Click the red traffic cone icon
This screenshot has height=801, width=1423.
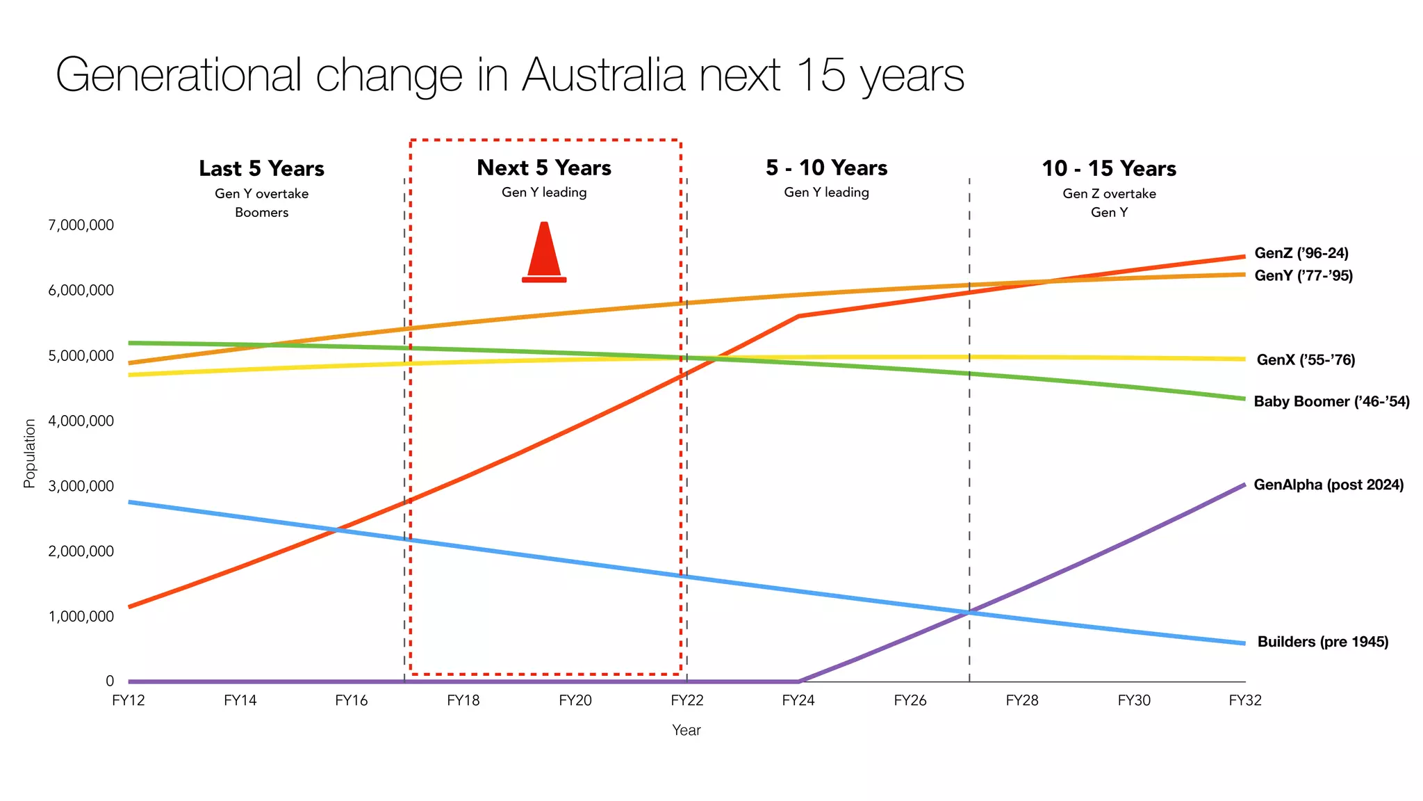click(x=544, y=252)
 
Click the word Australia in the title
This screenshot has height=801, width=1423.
click(x=604, y=74)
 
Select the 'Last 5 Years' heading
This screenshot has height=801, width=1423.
click(x=261, y=168)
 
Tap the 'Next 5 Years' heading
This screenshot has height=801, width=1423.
click(x=544, y=168)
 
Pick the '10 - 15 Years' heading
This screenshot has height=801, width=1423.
click(x=1109, y=168)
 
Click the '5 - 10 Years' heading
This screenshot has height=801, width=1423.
click(x=826, y=168)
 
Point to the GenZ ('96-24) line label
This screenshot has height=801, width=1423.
click(x=1301, y=253)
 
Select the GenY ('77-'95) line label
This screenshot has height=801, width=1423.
click(x=1303, y=275)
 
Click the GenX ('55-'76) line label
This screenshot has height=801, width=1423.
click(x=1306, y=359)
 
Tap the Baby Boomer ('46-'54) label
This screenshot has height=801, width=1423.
click(x=1331, y=401)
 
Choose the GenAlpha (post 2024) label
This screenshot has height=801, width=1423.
click(x=1329, y=485)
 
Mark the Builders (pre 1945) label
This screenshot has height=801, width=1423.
click(x=1322, y=642)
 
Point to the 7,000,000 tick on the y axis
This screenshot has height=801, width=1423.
click(x=81, y=225)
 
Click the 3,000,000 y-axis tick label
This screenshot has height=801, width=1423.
click(x=81, y=486)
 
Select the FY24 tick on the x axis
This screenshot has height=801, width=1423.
click(x=798, y=700)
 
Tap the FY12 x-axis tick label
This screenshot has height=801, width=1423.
click(x=129, y=700)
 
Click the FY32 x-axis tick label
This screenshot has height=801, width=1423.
click(x=1244, y=700)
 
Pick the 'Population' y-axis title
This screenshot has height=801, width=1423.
click(x=29, y=453)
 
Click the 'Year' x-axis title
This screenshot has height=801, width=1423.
click(x=686, y=730)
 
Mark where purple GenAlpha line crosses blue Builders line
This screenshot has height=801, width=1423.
click(x=968, y=613)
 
